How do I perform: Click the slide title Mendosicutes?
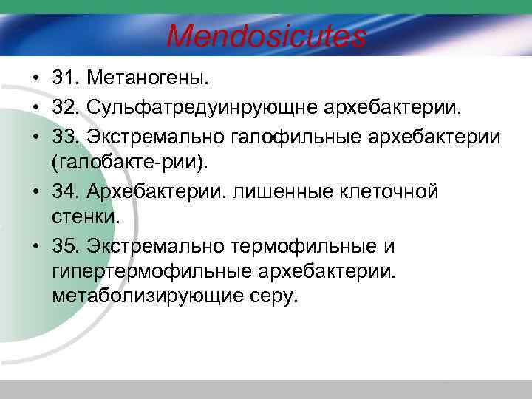coord(266,35)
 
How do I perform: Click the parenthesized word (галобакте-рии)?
coord(134,162)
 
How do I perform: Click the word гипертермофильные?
coord(152,271)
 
